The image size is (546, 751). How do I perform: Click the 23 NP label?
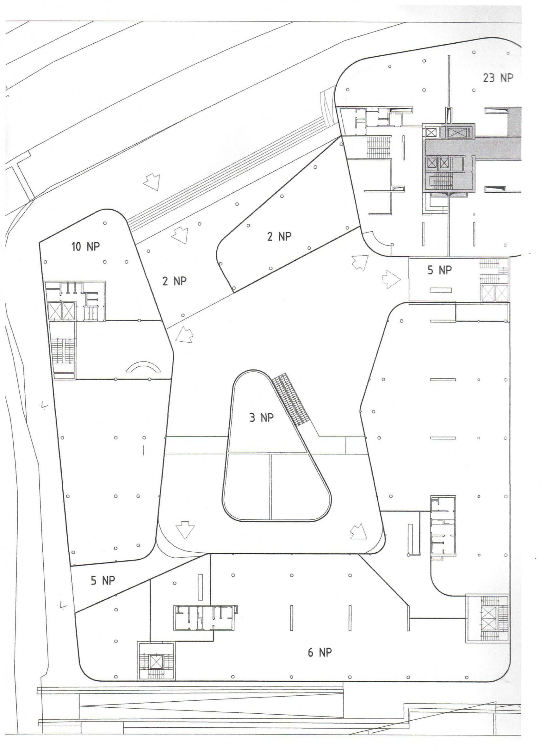tap(498, 78)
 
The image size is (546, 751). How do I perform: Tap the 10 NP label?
tap(86, 246)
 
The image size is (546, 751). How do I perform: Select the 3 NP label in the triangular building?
tap(261, 418)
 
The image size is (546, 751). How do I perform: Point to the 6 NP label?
tap(320, 659)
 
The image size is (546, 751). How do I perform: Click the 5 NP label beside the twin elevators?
tap(439, 270)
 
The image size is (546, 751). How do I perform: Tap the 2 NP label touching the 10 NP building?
tap(174, 281)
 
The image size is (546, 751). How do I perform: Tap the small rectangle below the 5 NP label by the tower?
tap(441, 290)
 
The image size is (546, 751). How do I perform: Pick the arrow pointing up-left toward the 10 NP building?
tap(184, 335)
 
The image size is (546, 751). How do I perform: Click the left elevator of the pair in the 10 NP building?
tap(54, 311)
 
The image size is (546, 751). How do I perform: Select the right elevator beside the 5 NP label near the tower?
tap(502, 293)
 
